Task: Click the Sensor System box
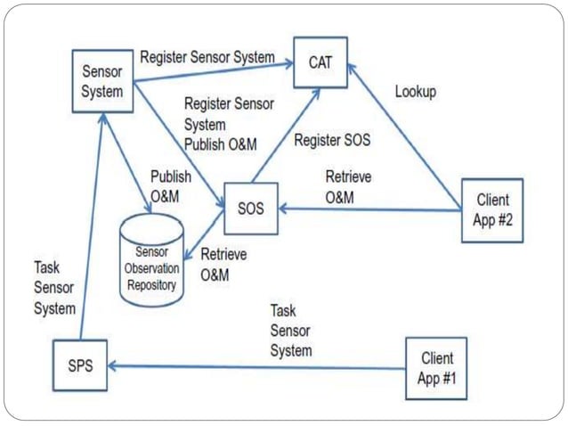pyautogui.click(x=102, y=79)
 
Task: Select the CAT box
pyautogui.click(x=320, y=62)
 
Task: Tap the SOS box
pyautogui.click(x=251, y=206)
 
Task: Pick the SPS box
pyautogui.click(x=78, y=365)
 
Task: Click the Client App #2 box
pyautogui.click(x=491, y=210)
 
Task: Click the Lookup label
pyautogui.click(x=416, y=92)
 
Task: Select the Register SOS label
pyautogui.click(x=332, y=140)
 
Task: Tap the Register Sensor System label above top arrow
pyautogui.click(x=207, y=57)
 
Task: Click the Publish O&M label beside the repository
pyautogui.click(x=170, y=185)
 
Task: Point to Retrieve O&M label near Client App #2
pyautogui.click(x=348, y=186)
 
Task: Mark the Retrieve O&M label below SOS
pyautogui.click(x=223, y=265)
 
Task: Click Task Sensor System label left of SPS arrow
pyautogui.click(x=54, y=287)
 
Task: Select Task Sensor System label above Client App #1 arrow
pyautogui.click(x=291, y=331)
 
